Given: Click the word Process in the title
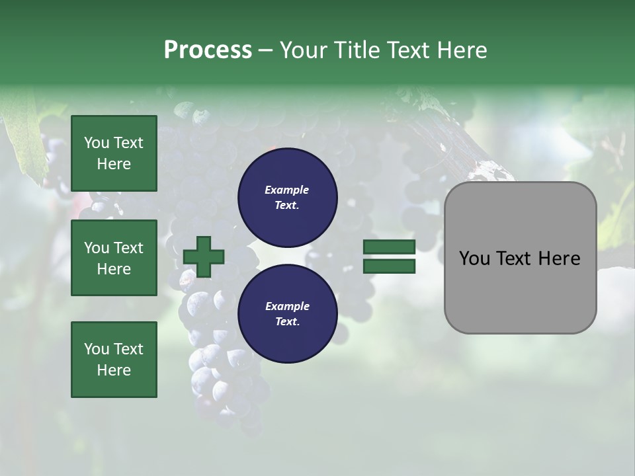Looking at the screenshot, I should (208, 50).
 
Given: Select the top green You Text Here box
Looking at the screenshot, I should (114, 153).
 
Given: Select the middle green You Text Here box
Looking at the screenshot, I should (114, 258).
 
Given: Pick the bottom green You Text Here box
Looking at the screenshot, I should (114, 360).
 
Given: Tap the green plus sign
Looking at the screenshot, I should (204, 257).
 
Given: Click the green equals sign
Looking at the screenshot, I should (390, 257).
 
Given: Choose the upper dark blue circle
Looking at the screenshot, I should (287, 197).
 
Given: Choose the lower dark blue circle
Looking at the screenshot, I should (287, 313).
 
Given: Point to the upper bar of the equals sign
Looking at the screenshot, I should (390, 247).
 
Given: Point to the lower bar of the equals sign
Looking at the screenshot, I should (390, 266).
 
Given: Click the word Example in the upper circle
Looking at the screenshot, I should (286, 190).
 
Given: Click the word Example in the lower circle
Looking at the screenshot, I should (286, 306).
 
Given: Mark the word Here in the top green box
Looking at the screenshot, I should (114, 164).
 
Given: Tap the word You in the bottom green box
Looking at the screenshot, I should (96, 349).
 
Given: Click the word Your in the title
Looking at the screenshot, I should (302, 50).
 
